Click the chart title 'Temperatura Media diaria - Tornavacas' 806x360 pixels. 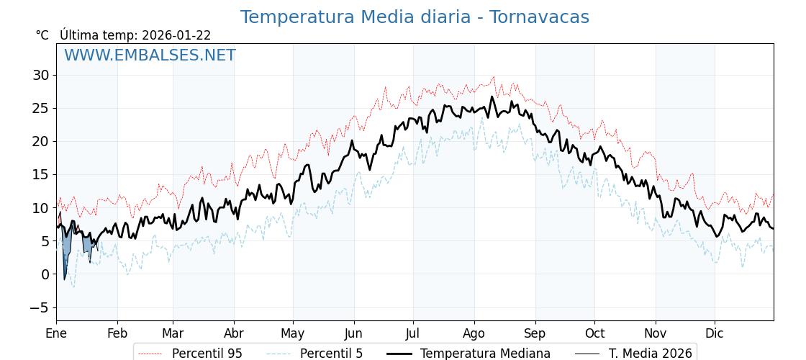coord(415,17)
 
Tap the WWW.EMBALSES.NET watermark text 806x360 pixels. coord(150,55)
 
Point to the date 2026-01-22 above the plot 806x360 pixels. coord(176,35)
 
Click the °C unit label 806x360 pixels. coord(42,35)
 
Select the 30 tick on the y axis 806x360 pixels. coord(40,75)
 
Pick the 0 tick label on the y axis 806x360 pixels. coord(45,274)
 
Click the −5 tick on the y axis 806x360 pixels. coord(39,307)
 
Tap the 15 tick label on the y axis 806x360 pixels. coord(40,174)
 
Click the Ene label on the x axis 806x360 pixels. coord(56,333)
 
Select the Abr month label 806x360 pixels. coord(234,333)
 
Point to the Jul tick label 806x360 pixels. coord(413,333)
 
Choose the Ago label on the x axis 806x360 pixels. coord(474,333)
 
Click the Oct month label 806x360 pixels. coord(594,333)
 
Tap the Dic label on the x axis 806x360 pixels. coord(715,333)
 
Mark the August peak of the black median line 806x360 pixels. coord(492,96)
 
